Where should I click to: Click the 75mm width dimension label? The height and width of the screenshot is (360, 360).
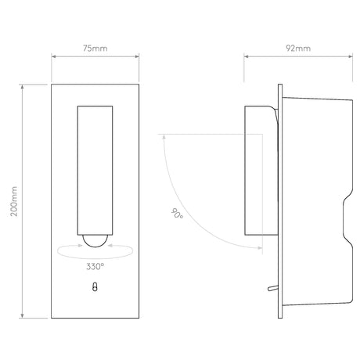coord(95,49)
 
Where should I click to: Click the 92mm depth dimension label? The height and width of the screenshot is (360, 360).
coord(298,49)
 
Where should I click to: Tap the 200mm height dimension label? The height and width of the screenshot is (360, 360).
coord(14,201)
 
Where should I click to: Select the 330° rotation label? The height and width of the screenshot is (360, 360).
coord(95,266)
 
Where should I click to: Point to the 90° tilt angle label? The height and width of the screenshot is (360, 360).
coord(177,213)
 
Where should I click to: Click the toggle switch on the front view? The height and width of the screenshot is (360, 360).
coord(95,286)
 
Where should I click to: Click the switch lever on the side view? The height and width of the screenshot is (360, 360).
coord(273,288)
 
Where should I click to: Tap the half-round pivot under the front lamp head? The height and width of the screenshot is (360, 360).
coord(95,241)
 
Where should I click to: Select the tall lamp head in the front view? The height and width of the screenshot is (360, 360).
coord(95,171)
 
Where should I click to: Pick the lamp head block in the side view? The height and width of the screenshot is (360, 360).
coord(261,171)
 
